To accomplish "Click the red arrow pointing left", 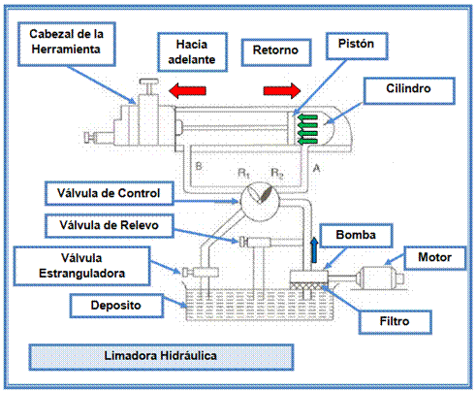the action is click(187, 90).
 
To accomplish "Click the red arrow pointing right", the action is click(282, 90).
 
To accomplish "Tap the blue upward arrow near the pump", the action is click(314, 250).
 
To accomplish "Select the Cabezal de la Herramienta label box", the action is click(67, 45).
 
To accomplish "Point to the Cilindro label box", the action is click(409, 90).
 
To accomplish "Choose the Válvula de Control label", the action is click(110, 193).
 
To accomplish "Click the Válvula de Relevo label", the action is click(110, 225).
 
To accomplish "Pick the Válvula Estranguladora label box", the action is click(81, 266).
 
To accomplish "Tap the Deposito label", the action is click(116, 306).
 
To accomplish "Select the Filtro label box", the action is click(395, 322).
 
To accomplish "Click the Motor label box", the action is click(435, 258).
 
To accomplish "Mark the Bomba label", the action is click(356, 235).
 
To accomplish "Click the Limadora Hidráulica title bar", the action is click(161, 357).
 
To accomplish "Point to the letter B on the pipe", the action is click(199, 166).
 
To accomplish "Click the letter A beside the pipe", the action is click(316, 168).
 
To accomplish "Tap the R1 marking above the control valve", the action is click(243, 173).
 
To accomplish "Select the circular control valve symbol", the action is click(260, 202).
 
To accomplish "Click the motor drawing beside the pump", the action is click(380, 278).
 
